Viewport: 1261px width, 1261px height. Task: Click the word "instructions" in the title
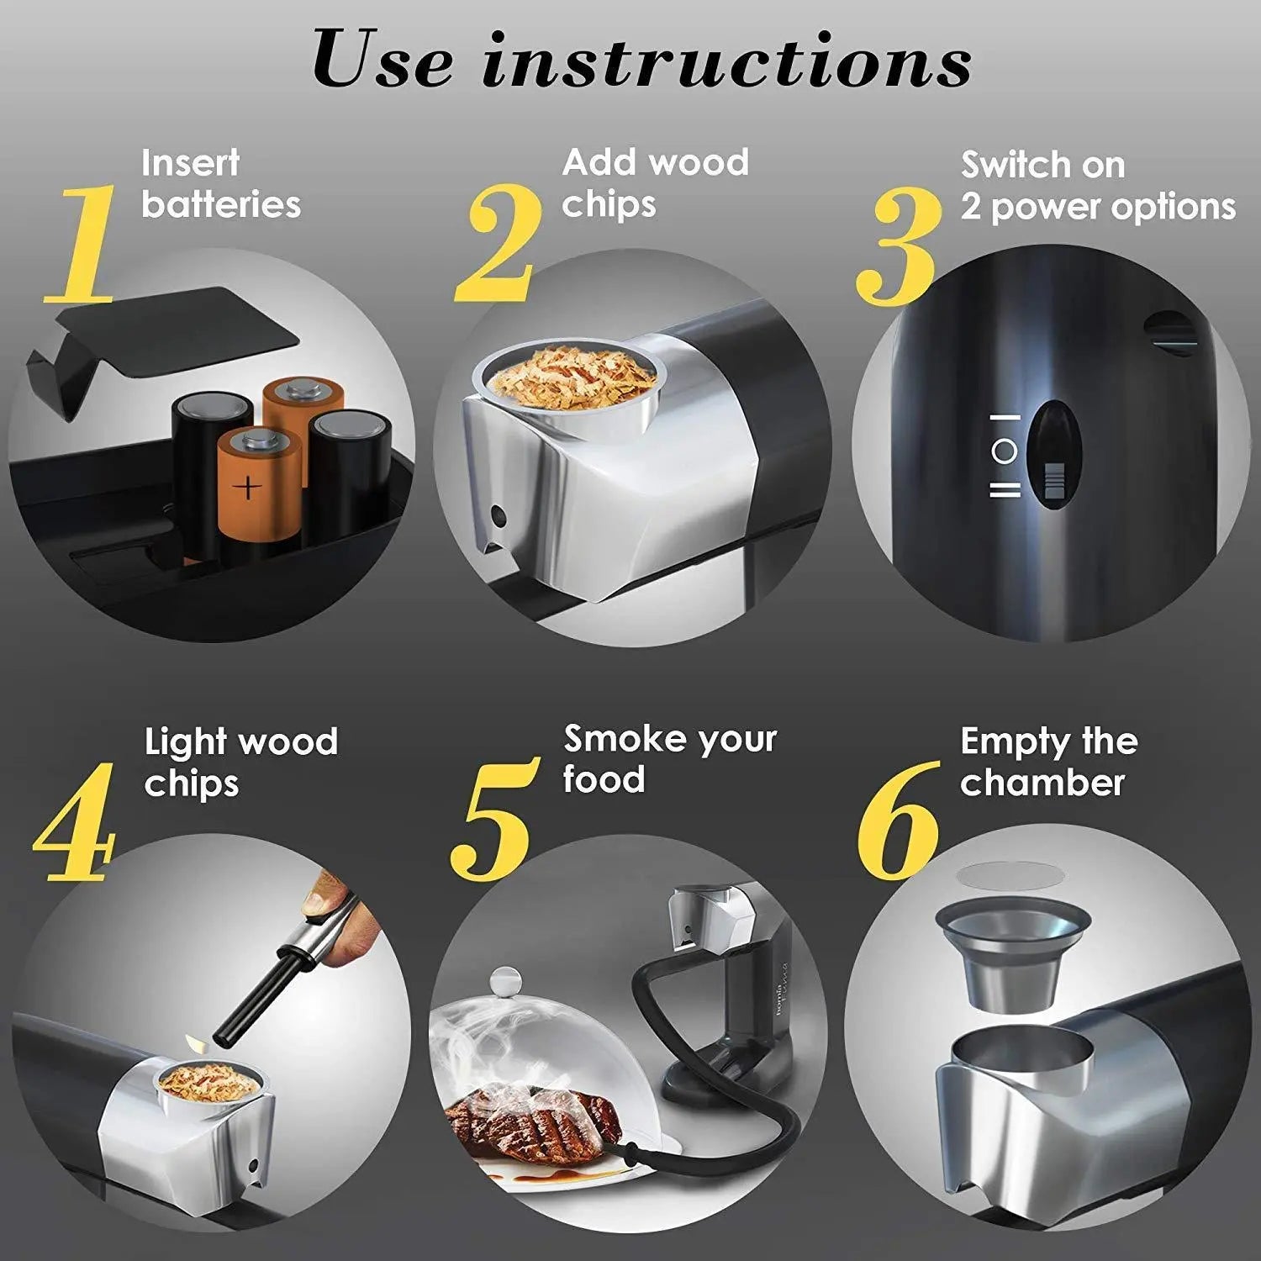click(726, 61)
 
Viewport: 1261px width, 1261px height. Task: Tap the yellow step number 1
click(80, 244)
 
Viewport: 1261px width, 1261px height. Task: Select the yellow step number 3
click(897, 247)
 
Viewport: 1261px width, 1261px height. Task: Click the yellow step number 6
click(897, 820)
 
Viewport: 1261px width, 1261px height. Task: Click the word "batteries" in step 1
click(220, 204)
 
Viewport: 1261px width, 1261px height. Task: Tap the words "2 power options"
click(1097, 207)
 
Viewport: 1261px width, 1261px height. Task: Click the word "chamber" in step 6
click(1042, 783)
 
